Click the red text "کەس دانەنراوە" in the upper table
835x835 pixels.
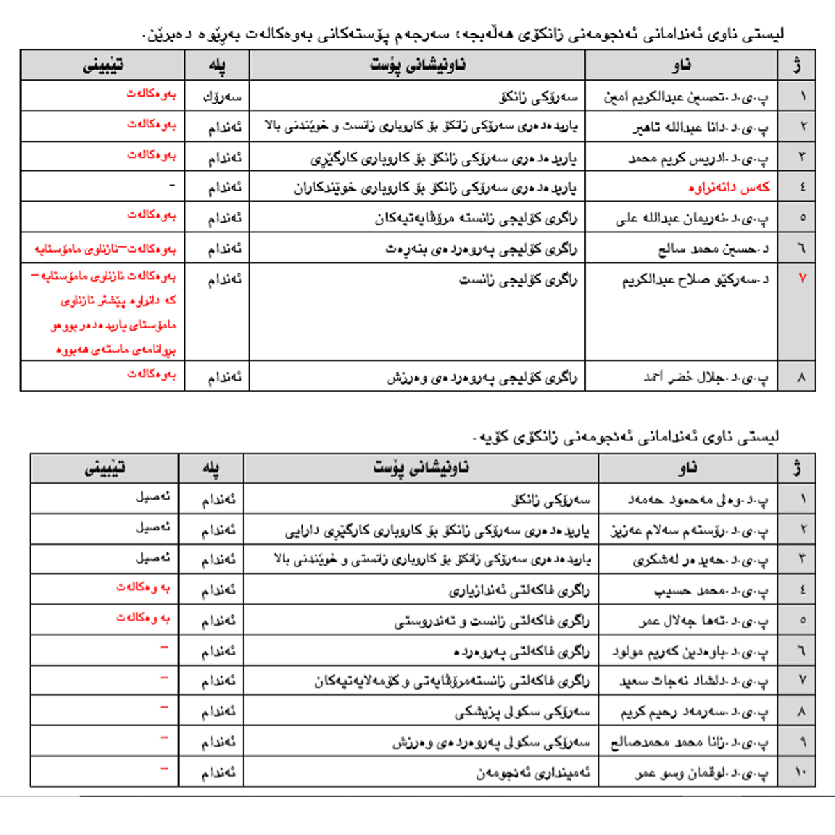point(729,188)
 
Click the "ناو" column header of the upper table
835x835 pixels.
point(681,65)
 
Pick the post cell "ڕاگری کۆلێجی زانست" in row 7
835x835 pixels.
point(518,280)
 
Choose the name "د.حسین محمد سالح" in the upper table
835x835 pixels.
point(713,248)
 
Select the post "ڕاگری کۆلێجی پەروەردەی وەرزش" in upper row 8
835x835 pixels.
point(482,377)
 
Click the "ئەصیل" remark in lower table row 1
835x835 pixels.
point(152,498)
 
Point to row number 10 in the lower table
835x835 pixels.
point(800,772)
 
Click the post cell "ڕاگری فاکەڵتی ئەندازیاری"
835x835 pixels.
point(518,591)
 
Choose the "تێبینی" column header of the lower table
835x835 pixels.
point(104,468)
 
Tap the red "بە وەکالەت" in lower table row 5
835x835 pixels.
point(143,617)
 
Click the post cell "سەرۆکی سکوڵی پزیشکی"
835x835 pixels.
point(522,712)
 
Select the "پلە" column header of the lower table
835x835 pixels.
point(211,468)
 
